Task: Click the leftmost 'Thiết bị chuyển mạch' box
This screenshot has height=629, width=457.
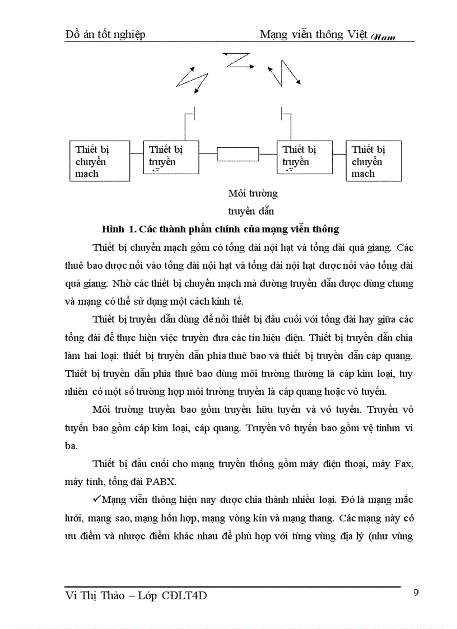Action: [99, 161]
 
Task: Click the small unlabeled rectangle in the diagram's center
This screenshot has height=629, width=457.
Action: [237, 153]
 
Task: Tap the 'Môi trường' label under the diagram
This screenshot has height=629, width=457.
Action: [253, 194]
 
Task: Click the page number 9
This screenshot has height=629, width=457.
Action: [416, 593]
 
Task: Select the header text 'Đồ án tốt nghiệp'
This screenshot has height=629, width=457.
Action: [105, 35]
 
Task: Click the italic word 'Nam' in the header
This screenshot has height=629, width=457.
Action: [383, 37]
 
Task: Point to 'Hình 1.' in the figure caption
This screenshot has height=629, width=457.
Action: [119, 229]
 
